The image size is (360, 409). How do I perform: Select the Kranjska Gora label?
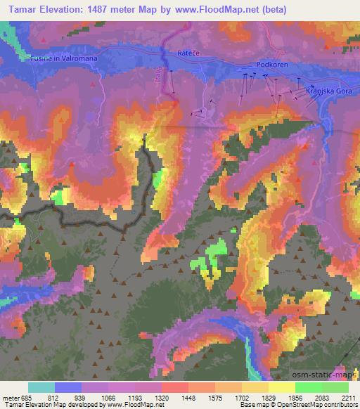point(327,91)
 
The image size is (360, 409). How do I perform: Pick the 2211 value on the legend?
point(349,397)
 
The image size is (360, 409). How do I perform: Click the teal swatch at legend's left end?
point(41,387)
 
